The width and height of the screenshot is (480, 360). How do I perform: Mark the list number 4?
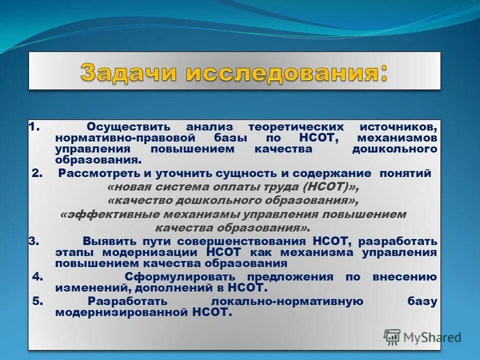(37, 277)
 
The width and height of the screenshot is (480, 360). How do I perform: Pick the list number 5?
(37, 301)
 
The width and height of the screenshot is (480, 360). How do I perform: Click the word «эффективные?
(100, 214)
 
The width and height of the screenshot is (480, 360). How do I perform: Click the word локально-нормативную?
(286, 301)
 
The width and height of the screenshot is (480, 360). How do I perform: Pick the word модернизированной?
(121, 312)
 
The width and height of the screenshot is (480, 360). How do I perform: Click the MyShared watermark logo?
(422, 336)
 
